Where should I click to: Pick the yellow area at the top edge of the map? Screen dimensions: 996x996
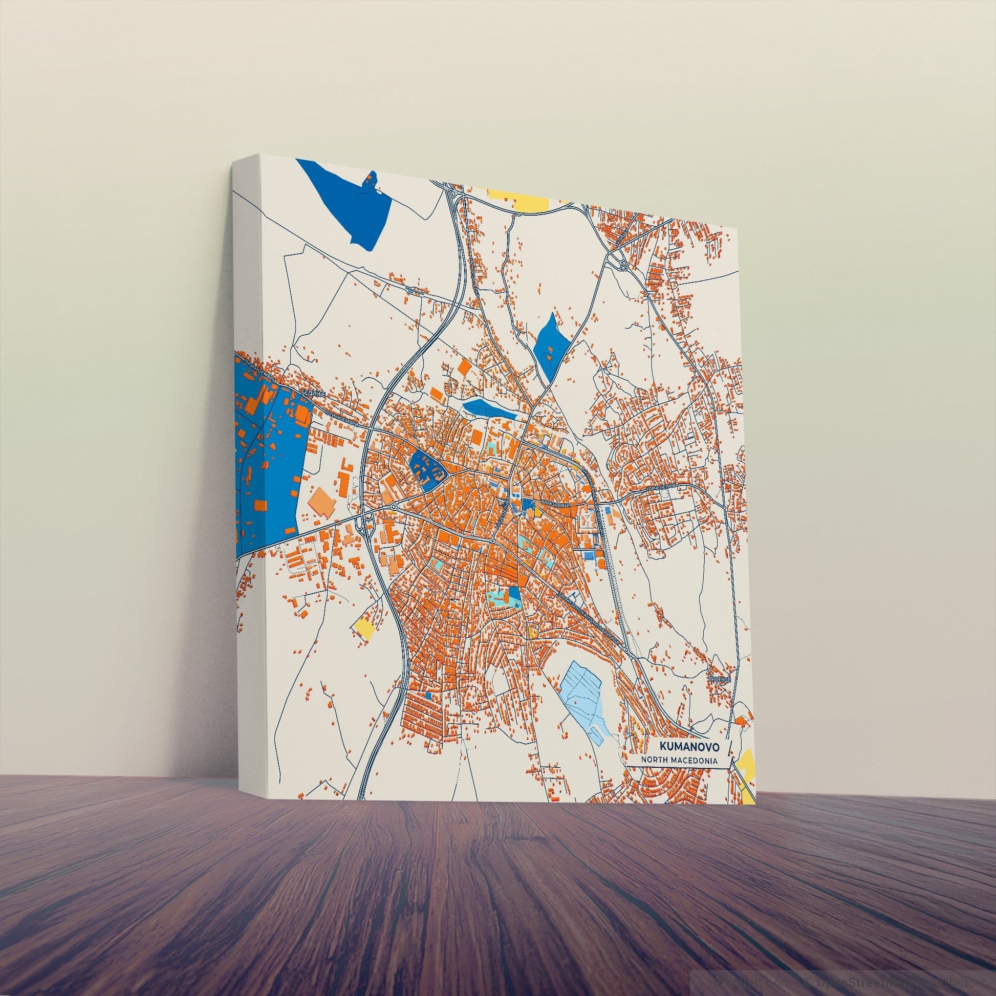tap(518, 199)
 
